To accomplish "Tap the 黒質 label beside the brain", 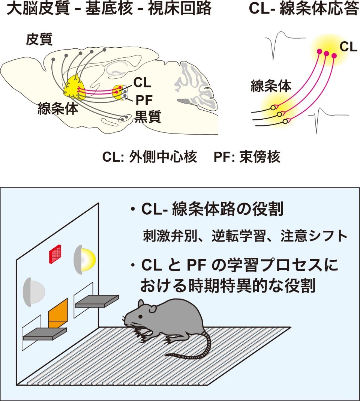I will (148, 117).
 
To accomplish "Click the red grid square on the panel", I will (55, 254).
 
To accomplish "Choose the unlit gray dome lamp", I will (34, 291).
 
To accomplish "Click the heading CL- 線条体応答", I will (304, 9).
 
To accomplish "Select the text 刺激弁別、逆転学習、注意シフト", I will (246, 236).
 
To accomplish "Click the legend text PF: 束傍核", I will (247, 156).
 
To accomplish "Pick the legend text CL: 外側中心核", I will (150, 156).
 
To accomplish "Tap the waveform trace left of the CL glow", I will (283, 44).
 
